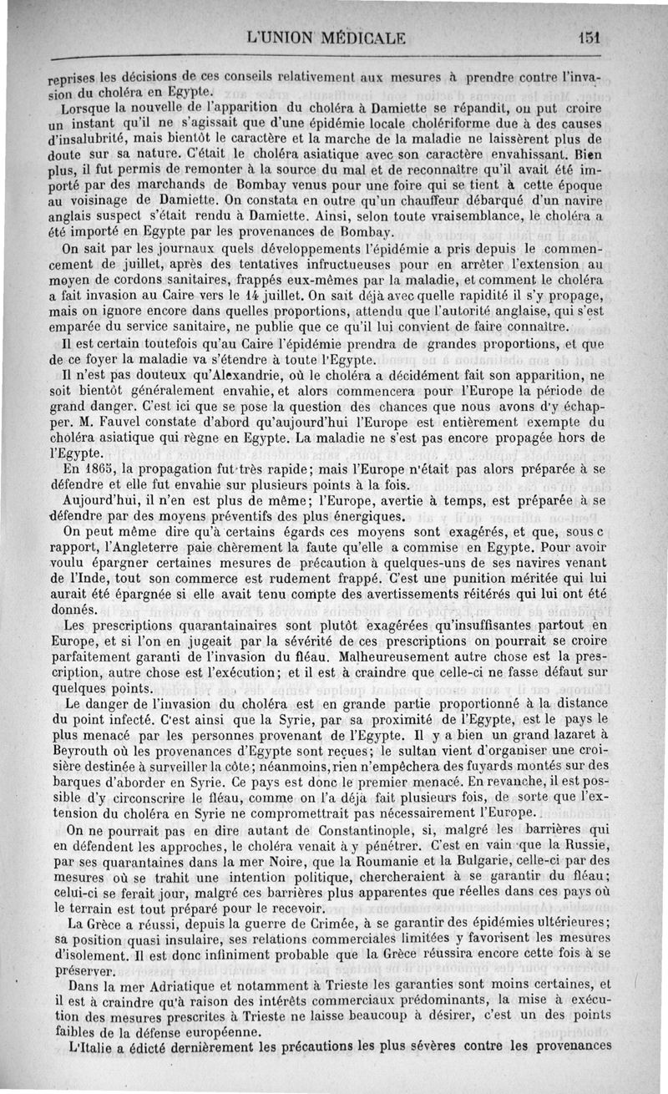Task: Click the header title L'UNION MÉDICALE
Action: (x=326, y=37)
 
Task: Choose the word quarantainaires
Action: (x=201, y=626)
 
